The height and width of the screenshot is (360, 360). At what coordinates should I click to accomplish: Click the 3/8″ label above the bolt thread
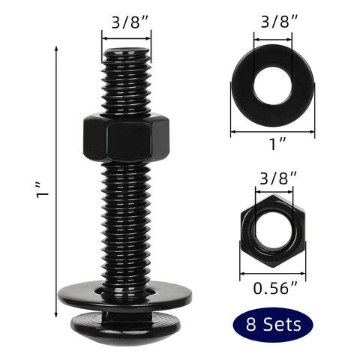tap(126, 22)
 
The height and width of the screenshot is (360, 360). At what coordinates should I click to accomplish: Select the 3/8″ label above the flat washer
tap(272, 22)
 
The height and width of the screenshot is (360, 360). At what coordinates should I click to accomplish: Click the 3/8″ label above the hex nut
tap(272, 178)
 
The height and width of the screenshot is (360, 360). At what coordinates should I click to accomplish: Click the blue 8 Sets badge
tap(272, 324)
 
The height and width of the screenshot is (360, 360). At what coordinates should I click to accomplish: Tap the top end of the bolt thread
tap(125, 54)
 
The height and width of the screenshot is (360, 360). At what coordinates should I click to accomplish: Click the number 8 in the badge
tap(249, 324)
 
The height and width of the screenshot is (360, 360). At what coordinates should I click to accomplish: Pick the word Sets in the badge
tap(282, 324)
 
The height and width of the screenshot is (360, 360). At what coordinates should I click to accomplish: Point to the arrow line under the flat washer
tap(273, 132)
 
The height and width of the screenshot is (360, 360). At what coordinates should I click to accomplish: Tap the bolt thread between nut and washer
tap(125, 225)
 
